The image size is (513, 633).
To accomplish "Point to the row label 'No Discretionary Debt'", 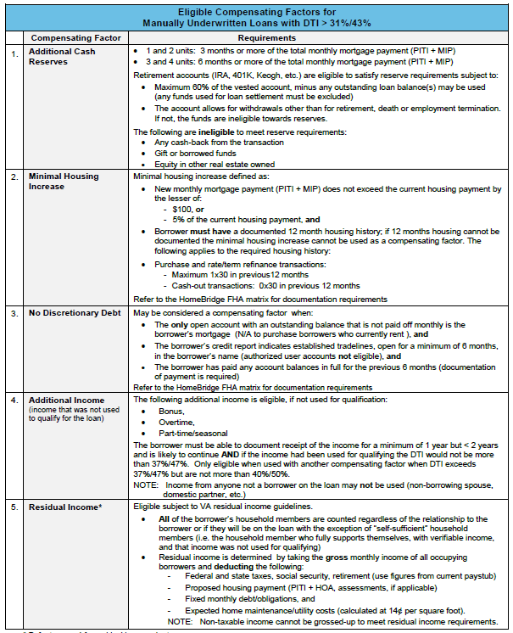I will click(x=76, y=313).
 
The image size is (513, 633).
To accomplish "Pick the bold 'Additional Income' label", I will click(x=67, y=400).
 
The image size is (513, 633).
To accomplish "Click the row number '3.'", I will click(x=14, y=313).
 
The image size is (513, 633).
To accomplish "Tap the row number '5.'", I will click(x=14, y=507).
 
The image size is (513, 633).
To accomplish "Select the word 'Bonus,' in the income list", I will click(x=172, y=411).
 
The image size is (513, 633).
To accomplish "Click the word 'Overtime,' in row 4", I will click(x=176, y=422).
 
